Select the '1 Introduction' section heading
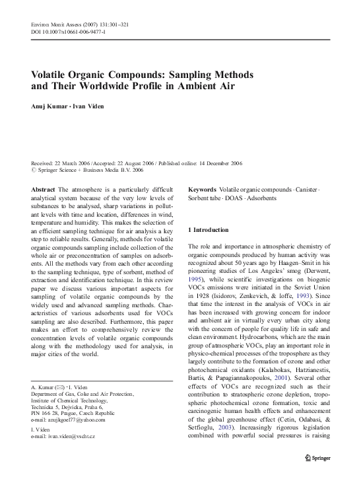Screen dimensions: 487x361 pos(209,229)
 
